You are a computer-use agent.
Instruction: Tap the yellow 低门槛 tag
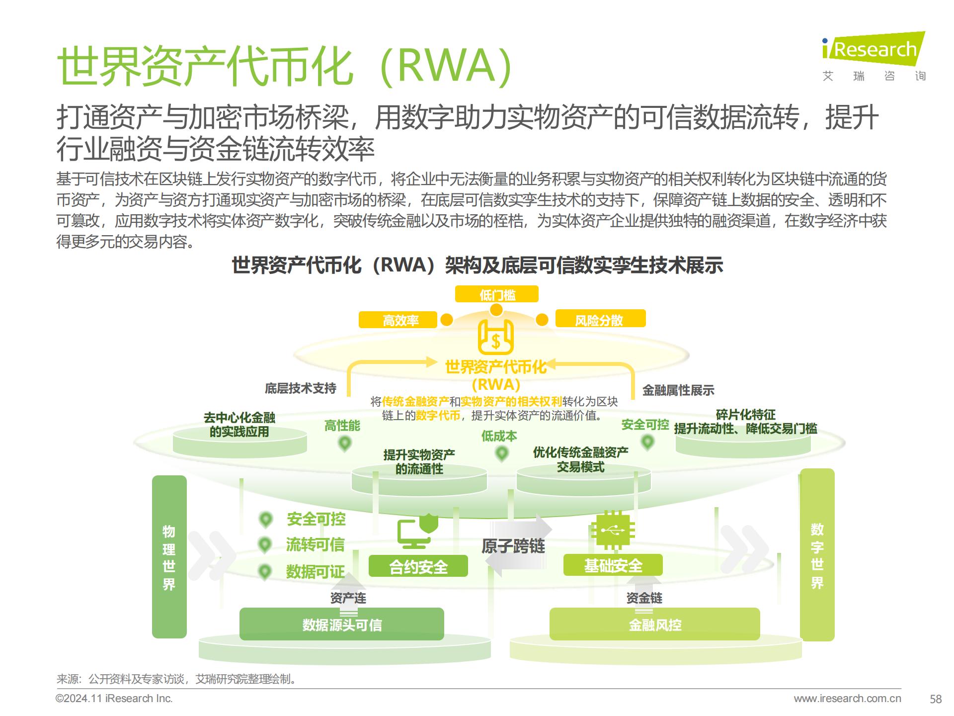tap(496, 295)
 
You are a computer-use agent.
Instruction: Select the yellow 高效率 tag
tap(398, 320)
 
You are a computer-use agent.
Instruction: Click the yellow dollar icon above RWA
tap(495, 338)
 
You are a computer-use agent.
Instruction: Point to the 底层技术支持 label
tap(301, 388)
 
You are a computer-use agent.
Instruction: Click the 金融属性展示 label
tap(678, 390)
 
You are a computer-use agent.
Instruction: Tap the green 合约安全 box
tap(418, 566)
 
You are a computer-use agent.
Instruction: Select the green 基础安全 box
tap(613, 565)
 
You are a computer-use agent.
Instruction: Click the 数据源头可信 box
tap(342, 625)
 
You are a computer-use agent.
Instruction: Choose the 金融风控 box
tap(654, 625)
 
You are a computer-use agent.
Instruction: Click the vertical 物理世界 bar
tap(169, 557)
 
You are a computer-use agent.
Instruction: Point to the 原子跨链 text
tap(513, 546)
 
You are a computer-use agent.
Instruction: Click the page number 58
tap(936, 699)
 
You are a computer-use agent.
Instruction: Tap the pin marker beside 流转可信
tap(265, 545)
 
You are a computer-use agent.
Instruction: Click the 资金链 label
tap(644, 598)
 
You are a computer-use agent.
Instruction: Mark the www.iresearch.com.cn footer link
tap(847, 699)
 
